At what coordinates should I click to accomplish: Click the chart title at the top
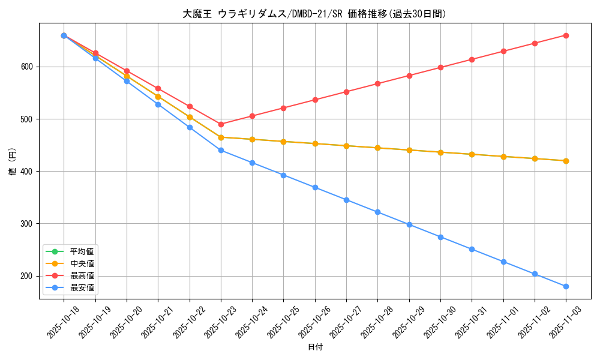[314, 14]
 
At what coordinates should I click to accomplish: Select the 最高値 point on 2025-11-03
[566, 35]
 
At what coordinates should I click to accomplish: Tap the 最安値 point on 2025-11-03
[566, 286]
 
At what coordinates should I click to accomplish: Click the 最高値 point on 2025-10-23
[221, 124]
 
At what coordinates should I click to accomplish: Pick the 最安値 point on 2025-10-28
[377, 212]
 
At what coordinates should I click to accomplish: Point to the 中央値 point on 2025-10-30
[440, 152]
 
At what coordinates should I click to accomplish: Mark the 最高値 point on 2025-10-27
[346, 92]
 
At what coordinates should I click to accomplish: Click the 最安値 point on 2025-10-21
[158, 104]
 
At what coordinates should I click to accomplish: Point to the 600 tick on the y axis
[28, 67]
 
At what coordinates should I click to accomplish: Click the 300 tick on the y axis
[28, 224]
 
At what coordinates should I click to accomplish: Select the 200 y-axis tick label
[28, 276]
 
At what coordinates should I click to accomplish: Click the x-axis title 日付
[315, 347]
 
